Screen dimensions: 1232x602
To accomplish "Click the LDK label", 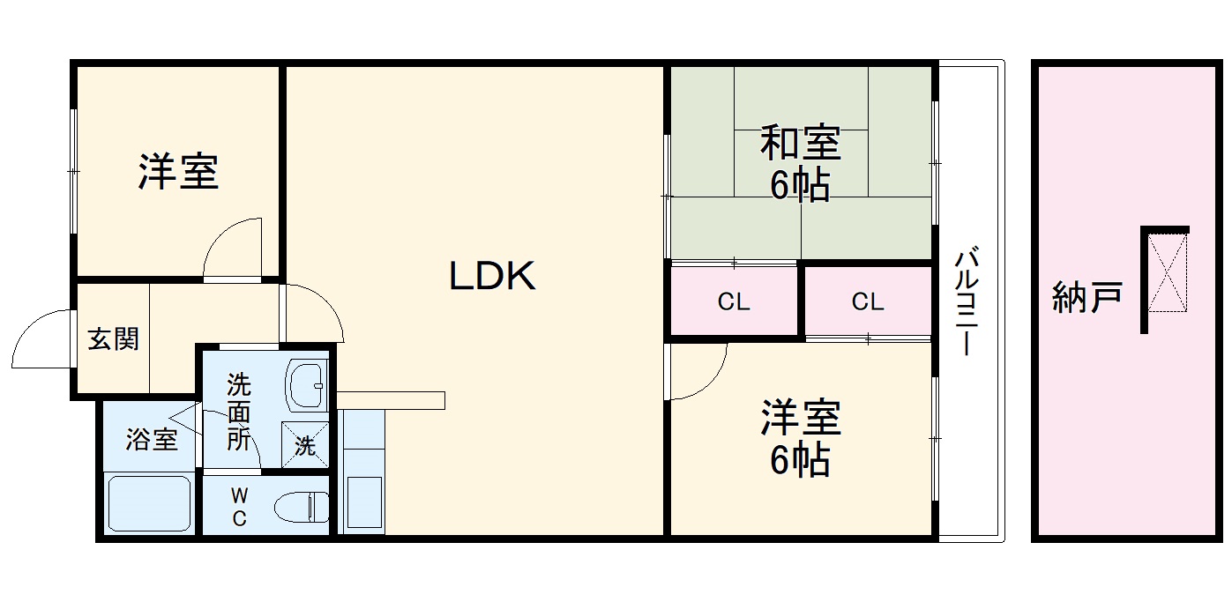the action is coord(492,276).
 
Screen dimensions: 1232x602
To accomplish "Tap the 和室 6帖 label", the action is coord(800,164).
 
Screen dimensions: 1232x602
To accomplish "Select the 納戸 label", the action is coord(1086,297).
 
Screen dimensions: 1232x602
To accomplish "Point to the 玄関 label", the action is coord(114,338).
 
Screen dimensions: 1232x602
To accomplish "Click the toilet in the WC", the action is coord(302,506).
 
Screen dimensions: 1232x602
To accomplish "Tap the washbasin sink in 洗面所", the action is coord(306,384).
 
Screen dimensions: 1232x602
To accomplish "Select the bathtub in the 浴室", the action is coord(149,503).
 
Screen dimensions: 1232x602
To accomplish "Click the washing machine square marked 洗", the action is coord(305,445).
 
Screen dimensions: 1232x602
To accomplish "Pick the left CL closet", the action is coord(734,301).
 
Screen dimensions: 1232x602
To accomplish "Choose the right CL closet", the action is coord(868,301).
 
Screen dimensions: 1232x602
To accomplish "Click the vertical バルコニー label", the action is coord(967,301).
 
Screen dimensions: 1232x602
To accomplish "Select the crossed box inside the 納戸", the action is coord(1168,271).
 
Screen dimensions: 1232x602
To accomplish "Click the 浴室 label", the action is coord(152,440).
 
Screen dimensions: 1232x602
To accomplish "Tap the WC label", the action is coord(239,507).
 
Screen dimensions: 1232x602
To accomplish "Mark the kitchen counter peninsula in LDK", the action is coord(391,400).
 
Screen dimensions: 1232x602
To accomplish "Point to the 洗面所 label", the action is coord(239,412).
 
